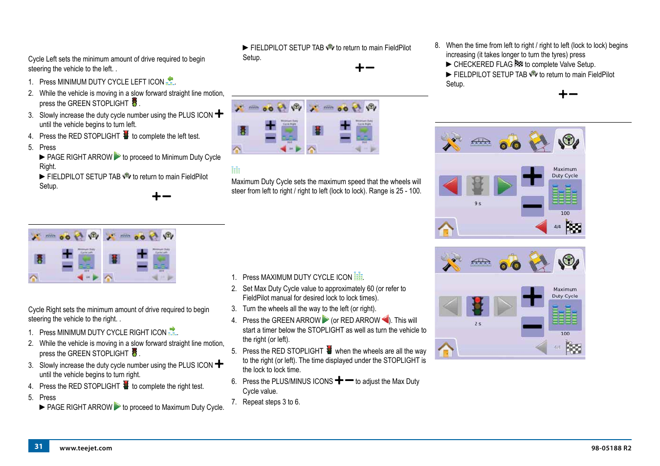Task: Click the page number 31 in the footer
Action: tap(39, 446)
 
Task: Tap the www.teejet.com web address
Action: tap(86, 448)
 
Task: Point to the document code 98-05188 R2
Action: tap(611, 448)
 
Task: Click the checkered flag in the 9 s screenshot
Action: tap(573, 227)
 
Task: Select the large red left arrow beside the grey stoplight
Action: tap(450, 186)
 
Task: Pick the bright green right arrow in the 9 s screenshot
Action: tap(505, 186)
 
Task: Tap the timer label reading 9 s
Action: tap(478, 204)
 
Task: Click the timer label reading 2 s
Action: tap(478, 324)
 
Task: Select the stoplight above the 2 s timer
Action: tap(478, 306)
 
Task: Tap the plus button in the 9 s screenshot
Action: tap(532, 176)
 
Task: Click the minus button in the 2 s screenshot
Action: tap(532, 326)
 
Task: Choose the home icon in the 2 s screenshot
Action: tap(446, 349)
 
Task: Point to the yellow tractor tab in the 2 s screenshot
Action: tap(510, 262)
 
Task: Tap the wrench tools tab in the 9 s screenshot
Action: tap(451, 141)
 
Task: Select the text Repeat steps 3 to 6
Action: tap(271, 402)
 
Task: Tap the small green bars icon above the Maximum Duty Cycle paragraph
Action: tap(236, 170)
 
